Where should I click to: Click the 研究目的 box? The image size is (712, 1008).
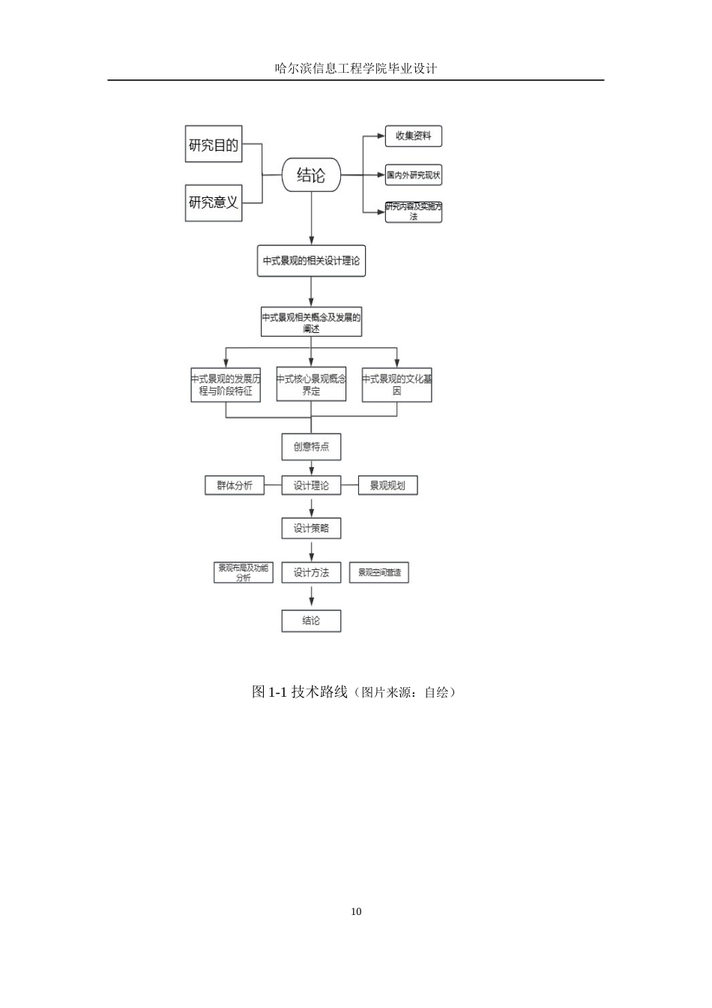click(x=214, y=145)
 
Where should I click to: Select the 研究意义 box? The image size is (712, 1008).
click(x=214, y=202)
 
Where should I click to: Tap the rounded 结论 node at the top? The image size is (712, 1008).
click(x=311, y=175)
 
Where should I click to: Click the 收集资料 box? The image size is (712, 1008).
click(x=413, y=136)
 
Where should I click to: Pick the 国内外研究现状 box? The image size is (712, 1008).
click(x=413, y=175)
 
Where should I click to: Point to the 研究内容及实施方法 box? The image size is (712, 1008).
click(x=413, y=211)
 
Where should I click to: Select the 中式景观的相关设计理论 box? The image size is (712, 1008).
click(x=311, y=261)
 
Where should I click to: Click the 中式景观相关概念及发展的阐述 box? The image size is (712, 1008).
click(x=311, y=322)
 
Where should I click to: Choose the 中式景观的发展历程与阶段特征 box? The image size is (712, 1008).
click(x=226, y=385)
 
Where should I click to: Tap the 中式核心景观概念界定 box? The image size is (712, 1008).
click(x=311, y=385)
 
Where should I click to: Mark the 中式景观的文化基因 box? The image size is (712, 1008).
click(x=396, y=385)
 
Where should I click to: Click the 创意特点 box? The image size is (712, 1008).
click(x=311, y=447)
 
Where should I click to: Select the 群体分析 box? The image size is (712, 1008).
click(x=235, y=485)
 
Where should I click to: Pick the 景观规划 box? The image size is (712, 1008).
click(x=387, y=485)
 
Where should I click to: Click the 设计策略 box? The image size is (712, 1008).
click(x=311, y=529)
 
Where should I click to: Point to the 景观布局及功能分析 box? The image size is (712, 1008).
click(x=243, y=573)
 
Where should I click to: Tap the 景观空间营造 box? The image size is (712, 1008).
click(x=379, y=573)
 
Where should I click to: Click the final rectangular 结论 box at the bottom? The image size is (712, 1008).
click(x=311, y=620)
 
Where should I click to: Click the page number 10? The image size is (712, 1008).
click(x=356, y=911)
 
